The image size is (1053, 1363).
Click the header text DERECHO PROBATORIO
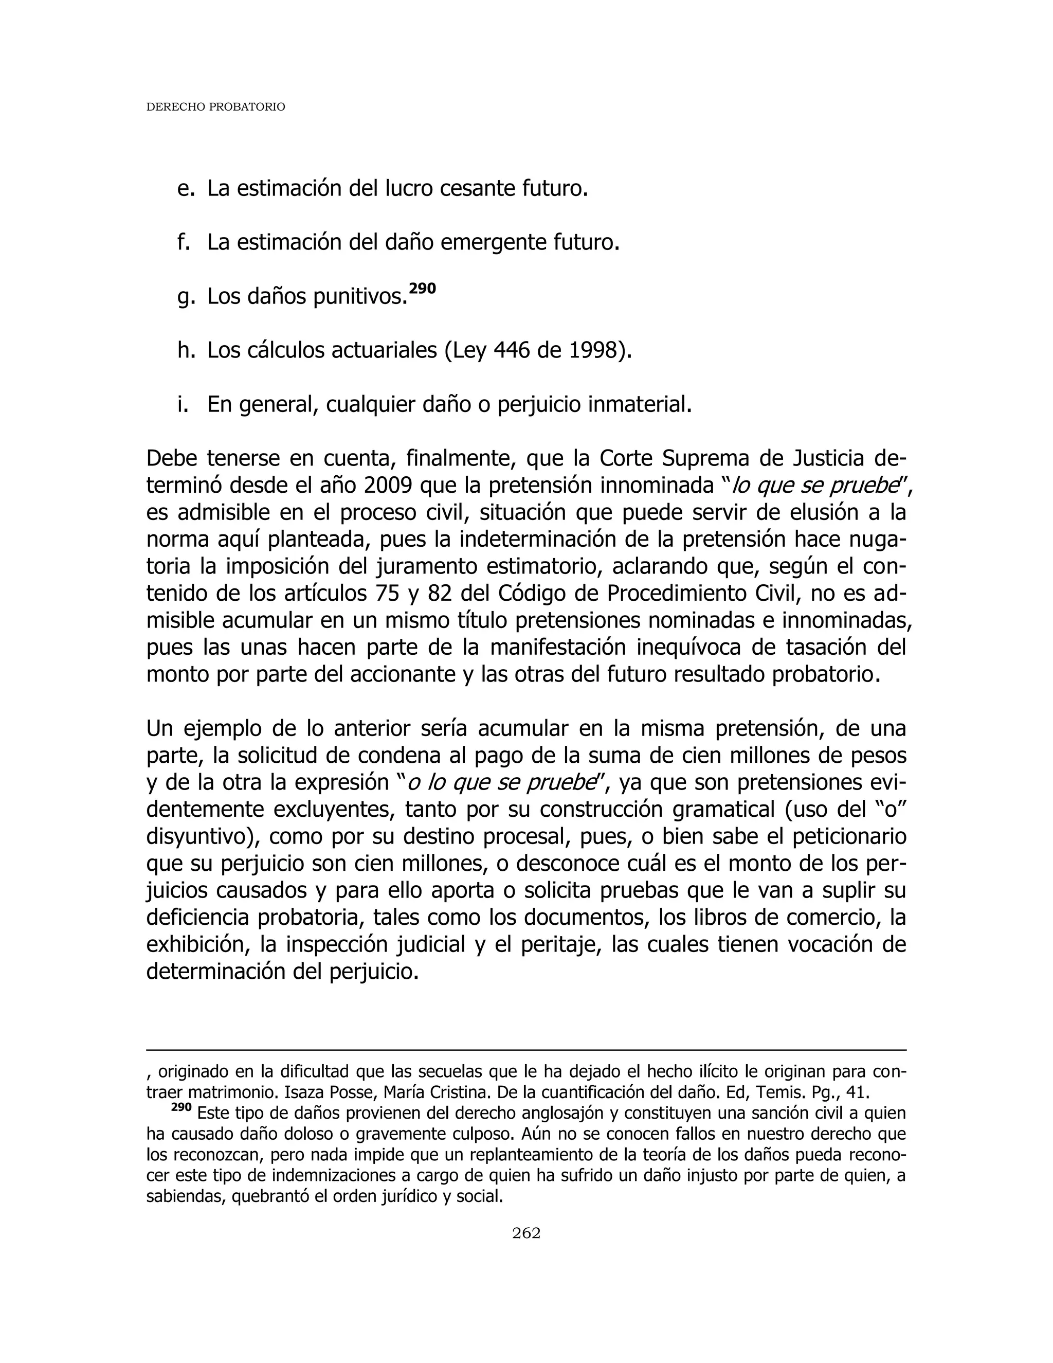click(215, 107)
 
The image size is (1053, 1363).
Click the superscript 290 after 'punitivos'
click(422, 289)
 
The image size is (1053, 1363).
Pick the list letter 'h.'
click(186, 351)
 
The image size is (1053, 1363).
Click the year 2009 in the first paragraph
click(386, 485)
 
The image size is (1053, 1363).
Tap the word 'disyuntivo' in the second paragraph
click(202, 836)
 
